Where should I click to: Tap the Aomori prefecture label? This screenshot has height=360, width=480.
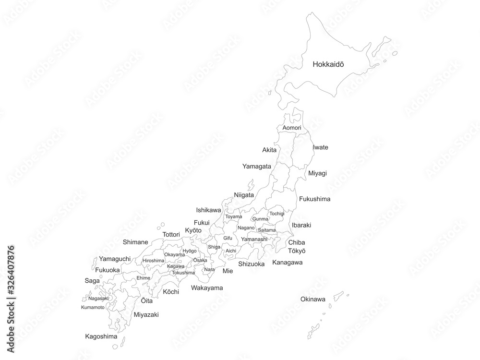pyautogui.click(x=292, y=128)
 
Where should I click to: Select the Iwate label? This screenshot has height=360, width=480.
pyautogui.click(x=320, y=147)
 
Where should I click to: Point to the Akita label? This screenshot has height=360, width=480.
pyautogui.click(x=269, y=150)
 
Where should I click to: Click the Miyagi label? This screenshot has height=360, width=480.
pyautogui.click(x=317, y=173)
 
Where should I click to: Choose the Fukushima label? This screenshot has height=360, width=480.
pyautogui.click(x=314, y=199)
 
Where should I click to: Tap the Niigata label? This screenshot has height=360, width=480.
pyautogui.click(x=244, y=195)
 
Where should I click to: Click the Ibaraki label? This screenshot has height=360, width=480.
pyautogui.click(x=301, y=225)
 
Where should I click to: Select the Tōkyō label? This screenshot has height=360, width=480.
pyautogui.click(x=297, y=251)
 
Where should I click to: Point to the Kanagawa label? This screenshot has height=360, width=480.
pyautogui.click(x=287, y=262)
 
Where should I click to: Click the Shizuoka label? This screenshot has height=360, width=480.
pyautogui.click(x=251, y=264)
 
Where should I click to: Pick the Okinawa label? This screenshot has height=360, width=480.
pyautogui.click(x=312, y=299)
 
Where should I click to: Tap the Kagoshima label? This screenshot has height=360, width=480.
pyautogui.click(x=101, y=336)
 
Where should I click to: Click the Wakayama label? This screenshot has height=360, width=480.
pyautogui.click(x=207, y=288)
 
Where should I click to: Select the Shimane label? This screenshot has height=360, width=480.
pyautogui.click(x=135, y=242)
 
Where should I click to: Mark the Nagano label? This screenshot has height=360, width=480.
pyautogui.click(x=246, y=228)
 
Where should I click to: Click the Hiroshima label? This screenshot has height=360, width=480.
pyautogui.click(x=153, y=260)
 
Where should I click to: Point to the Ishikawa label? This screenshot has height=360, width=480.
pyautogui.click(x=208, y=210)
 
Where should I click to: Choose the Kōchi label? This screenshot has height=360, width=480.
pyautogui.click(x=171, y=292)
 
